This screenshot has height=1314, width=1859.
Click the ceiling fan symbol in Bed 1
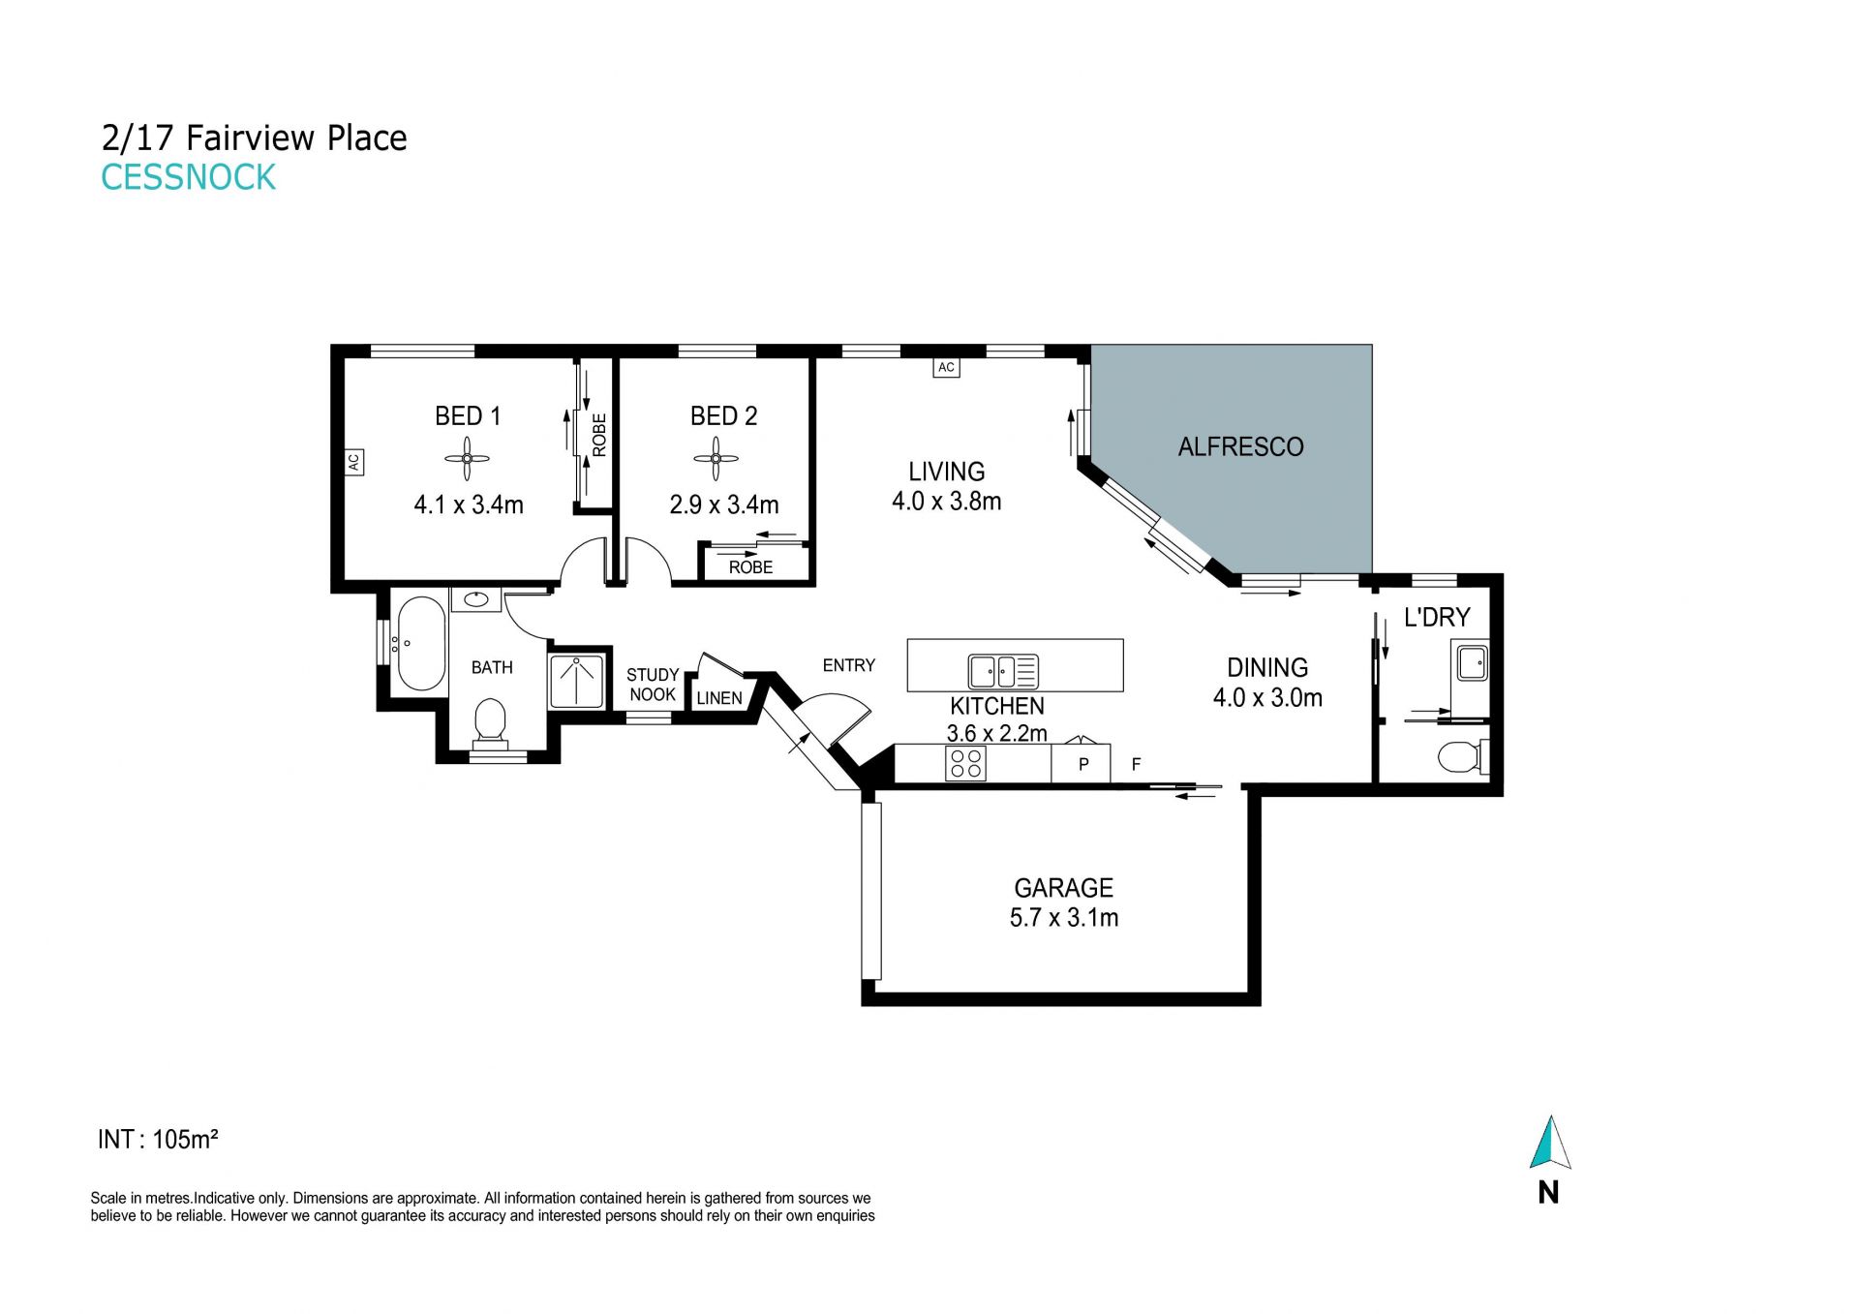467,459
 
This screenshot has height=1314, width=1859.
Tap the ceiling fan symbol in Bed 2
716,459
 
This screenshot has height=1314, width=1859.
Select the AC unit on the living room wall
946,367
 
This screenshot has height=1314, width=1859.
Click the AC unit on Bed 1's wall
353,462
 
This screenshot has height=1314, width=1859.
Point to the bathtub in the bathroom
421,643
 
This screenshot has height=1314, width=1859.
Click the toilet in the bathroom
491,722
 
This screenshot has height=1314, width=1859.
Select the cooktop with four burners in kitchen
965,764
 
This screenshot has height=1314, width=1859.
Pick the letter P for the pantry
1083,764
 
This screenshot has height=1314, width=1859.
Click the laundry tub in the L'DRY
1472,663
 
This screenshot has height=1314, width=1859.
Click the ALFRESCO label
1240,446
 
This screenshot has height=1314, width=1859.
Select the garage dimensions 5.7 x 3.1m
1063,917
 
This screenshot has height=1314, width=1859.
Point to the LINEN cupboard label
719,697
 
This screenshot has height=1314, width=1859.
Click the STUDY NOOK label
653,685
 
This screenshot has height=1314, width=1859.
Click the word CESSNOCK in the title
189,177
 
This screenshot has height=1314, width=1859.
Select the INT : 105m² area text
158,1139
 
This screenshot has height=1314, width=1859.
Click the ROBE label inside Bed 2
750,567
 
